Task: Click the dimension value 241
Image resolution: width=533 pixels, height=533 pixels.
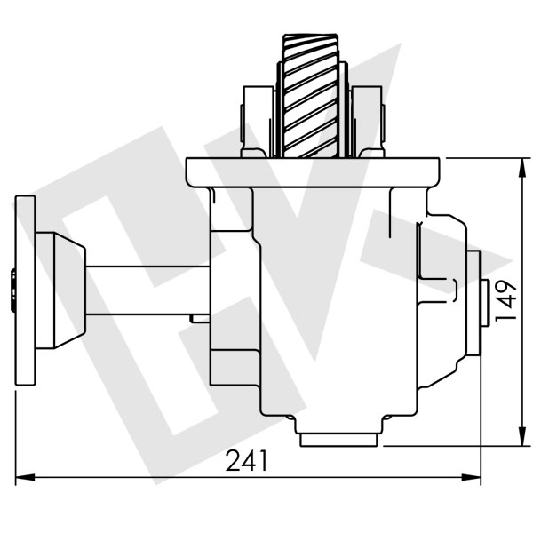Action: pyautogui.click(x=247, y=461)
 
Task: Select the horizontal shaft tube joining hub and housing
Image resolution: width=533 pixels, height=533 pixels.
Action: pyautogui.click(x=147, y=290)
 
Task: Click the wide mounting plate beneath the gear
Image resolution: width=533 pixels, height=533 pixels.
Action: pyautogui.click(x=313, y=171)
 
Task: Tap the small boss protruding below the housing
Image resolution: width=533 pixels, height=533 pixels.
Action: pyautogui.click(x=340, y=438)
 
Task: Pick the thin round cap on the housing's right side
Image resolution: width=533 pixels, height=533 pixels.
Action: pyautogui.click(x=473, y=302)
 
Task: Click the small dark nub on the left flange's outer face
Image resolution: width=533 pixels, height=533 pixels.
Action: pyautogui.click(x=12, y=290)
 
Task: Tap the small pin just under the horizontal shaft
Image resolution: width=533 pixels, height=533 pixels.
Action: pyautogui.click(x=199, y=318)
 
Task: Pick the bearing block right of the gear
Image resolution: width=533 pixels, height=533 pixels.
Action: pyautogui.click(x=367, y=120)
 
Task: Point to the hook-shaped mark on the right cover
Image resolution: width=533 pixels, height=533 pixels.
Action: pyautogui.click(x=453, y=289)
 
